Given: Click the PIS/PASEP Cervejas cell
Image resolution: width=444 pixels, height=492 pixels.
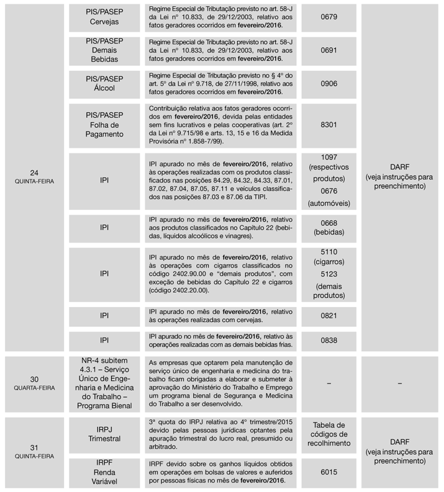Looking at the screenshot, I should tap(104, 17).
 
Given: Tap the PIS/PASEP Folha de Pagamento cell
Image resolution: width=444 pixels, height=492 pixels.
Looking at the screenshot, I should tap(104, 125).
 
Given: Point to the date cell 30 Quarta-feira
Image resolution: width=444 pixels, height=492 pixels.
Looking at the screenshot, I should tap(34, 384).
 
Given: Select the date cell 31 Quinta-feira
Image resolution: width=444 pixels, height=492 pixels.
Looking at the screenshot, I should tap(34, 451).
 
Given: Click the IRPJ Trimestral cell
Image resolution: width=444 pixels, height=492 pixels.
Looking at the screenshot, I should tap(104, 434).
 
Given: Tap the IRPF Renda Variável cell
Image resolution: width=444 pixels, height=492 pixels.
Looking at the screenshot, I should tap(104, 473).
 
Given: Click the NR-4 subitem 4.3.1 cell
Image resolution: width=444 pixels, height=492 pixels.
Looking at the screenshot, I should tap(104, 383).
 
